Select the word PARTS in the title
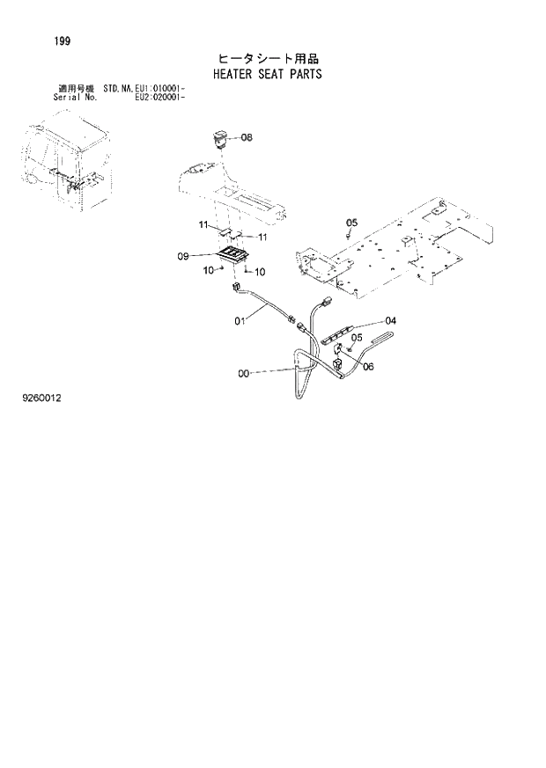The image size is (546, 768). pos(305,74)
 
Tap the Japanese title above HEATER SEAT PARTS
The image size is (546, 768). pos(268,59)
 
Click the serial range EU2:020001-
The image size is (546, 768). pos(159,96)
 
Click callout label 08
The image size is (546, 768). pos(246,137)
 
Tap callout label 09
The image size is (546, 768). pos(184,256)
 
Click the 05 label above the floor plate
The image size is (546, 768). pos(350,221)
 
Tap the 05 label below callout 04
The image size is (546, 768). pos(358,337)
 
